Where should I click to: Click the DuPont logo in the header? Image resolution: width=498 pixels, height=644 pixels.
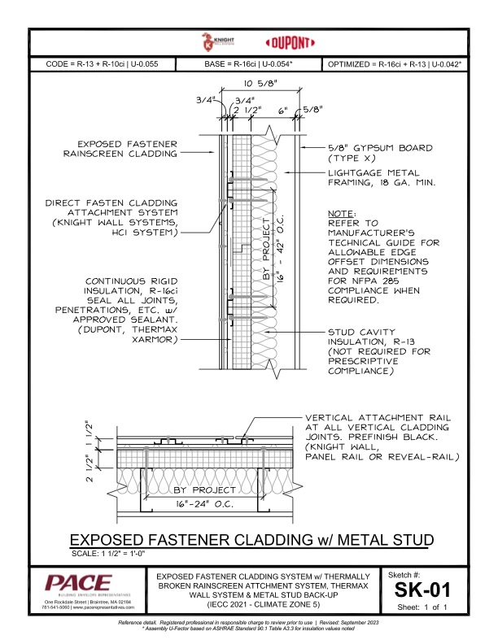(270, 42)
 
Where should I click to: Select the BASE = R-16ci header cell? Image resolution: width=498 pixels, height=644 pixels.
(247, 63)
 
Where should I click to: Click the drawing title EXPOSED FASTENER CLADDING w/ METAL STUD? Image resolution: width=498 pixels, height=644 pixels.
(249, 541)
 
